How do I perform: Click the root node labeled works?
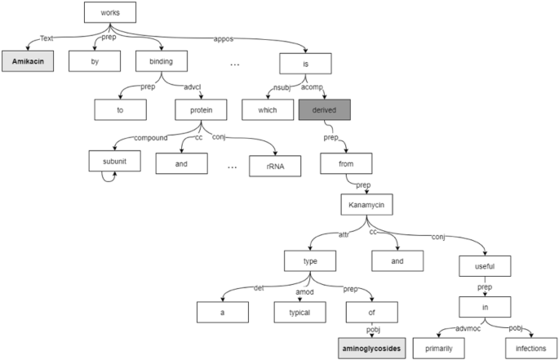[109, 12]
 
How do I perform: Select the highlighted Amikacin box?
[28, 62]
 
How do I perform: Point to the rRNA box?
[274, 167]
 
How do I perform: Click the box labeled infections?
[530, 347]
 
